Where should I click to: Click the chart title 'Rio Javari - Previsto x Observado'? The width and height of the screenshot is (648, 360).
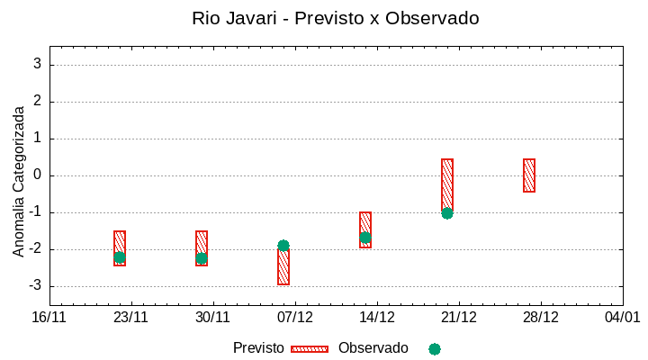tap(336, 18)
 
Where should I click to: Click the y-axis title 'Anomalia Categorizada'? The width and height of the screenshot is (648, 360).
tap(18, 181)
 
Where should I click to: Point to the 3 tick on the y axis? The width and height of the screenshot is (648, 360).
tap(38, 64)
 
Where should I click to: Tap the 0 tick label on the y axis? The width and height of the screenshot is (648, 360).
tap(38, 175)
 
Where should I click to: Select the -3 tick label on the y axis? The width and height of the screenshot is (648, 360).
tap(35, 286)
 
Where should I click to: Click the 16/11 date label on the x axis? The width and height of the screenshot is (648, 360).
tap(49, 318)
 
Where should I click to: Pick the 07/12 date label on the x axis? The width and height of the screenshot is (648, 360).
tap(295, 318)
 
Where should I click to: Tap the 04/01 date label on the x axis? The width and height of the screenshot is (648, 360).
tap(622, 318)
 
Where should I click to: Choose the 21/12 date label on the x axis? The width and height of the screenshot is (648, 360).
tap(459, 318)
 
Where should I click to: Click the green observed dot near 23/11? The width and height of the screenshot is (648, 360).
tap(120, 257)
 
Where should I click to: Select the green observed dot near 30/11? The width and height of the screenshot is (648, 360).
tap(202, 258)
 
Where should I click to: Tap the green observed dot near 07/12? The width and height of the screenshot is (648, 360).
tap(283, 246)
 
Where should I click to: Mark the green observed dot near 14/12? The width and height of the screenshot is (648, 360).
tap(365, 238)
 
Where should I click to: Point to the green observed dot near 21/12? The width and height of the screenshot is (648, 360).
tap(447, 213)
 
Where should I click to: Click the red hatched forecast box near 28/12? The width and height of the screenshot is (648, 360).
tap(529, 175)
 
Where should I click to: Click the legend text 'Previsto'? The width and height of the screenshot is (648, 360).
tap(258, 348)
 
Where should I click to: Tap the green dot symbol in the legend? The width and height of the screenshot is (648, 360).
tap(435, 349)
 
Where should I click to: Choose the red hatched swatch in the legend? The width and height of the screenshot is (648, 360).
tap(310, 349)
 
